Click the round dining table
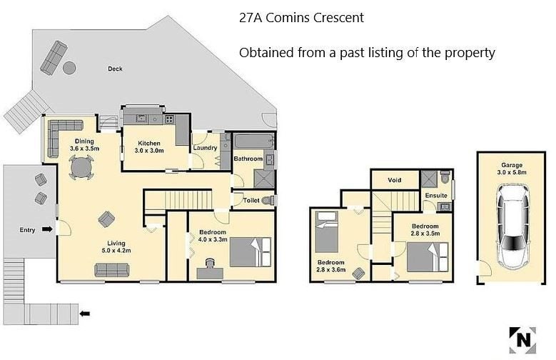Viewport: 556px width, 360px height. coord(81,168)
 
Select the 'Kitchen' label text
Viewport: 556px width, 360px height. coord(150,143)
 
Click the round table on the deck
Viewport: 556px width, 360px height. coord(69,68)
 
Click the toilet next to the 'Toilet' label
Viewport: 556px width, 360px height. coord(268,201)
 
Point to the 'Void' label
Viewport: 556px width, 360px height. coord(394,179)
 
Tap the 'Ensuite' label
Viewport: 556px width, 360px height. coord(435,195)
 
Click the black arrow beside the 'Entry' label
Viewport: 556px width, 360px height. coord(46,229)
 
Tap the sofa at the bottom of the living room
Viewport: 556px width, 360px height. coord(112,269)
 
